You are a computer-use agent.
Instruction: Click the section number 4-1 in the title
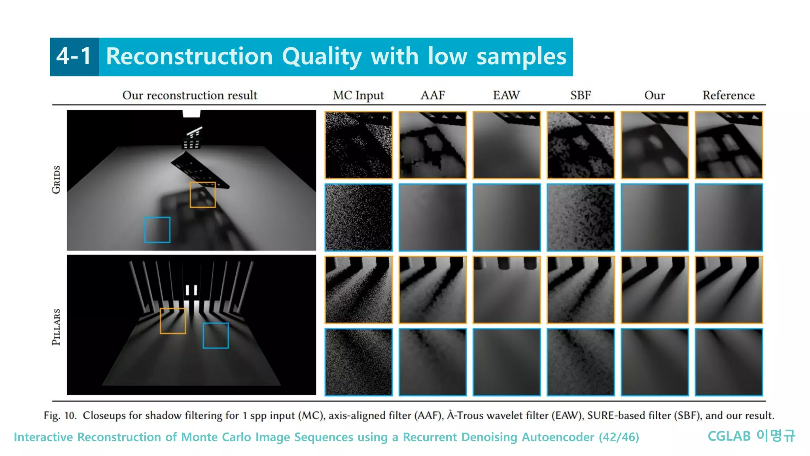coord(74,56)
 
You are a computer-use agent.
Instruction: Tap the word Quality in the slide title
coord(322,57)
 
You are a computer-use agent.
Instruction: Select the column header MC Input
coord(358,95)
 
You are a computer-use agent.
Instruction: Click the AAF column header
coord(432,95)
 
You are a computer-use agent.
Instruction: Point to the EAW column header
coord(506,95)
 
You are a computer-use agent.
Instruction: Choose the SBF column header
coord(580,95)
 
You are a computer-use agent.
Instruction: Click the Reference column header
coord(729,95)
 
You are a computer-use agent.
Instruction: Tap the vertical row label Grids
coord(57,180)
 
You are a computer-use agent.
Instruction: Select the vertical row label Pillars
coord(57,327)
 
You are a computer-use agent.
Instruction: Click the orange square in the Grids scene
coord(202,195)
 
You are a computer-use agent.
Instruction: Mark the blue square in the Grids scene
coord(157,230)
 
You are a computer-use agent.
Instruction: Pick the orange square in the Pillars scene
coord(173,321)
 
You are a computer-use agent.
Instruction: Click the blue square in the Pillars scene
coord(216,336)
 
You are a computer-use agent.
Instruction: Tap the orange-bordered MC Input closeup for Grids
coord(358,145)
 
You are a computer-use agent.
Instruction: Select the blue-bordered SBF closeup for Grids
coord(581,217)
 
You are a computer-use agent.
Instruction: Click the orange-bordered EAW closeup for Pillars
coord(507,290)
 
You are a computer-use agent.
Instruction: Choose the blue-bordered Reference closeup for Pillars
coord(729,362)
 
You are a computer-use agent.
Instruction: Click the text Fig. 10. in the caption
coord(60,416)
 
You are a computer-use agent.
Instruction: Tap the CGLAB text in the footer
coord(729,436)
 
